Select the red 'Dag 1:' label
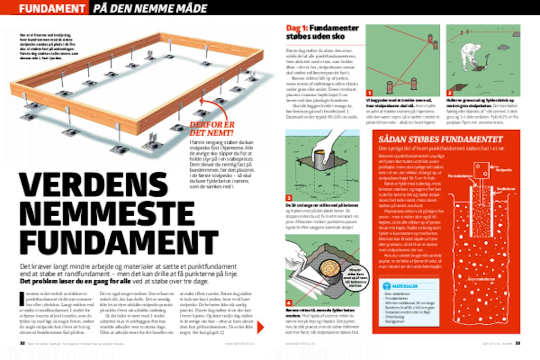click(x=297, y=28)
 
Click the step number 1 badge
click(x=369, y=93)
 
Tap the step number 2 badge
click(x=450, y=93)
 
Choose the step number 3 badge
click(x=289, y=198)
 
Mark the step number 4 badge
click(x=289, y=303)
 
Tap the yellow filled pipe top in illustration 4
click(x=329, y=268)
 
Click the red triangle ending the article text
click(x=261, y=327)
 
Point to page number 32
click(x=22, y=344)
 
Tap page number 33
click(x=517, y=344)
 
